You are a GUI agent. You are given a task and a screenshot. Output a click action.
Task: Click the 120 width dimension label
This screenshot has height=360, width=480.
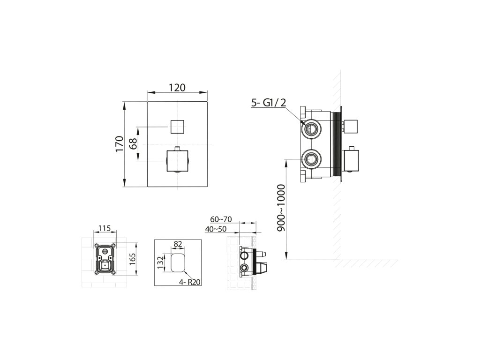tap(177, 88)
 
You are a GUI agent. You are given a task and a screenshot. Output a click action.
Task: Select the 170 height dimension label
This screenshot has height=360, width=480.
tap(119, 144)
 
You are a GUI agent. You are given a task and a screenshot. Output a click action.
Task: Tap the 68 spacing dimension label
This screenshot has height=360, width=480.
tap(133, 143)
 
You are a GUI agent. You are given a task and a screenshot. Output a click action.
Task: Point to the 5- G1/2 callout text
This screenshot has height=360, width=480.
tap(269, 103)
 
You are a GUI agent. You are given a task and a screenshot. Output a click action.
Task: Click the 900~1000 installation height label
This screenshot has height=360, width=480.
tap(280, 208)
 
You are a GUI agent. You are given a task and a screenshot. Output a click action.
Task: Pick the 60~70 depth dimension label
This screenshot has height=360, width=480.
tap(221, 219)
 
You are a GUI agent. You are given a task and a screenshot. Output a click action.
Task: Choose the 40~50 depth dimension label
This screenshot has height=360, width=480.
tap(216, 229)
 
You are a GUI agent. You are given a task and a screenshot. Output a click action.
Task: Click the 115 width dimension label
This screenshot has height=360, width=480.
tap(105, 228)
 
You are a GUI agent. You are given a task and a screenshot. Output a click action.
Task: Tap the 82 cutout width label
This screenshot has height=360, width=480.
tap(178, 244)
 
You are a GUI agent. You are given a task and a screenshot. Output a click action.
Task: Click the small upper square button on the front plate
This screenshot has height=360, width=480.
tap(177, 127)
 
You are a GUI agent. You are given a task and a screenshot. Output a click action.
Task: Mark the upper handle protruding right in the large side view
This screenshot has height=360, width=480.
tap(351, 127)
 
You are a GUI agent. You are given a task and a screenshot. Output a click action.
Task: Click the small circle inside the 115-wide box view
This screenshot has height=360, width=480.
tap(105, 252)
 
